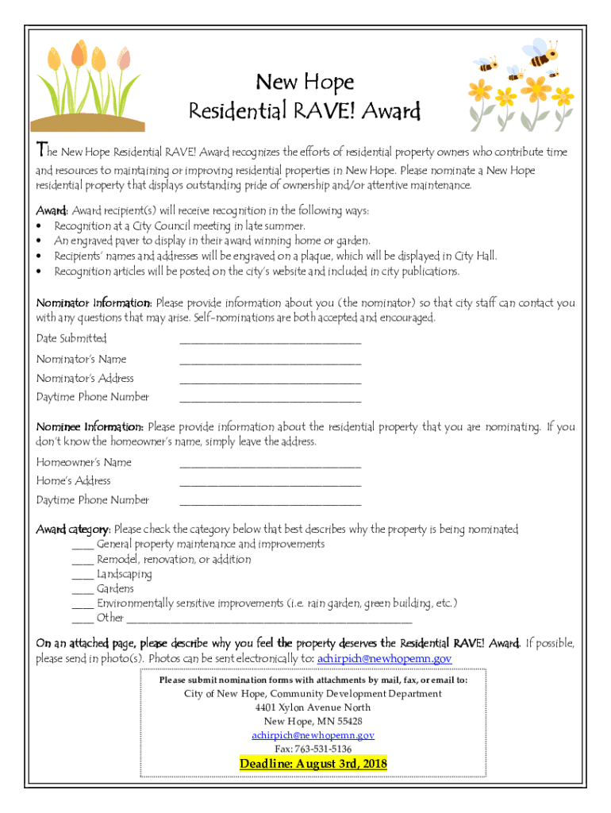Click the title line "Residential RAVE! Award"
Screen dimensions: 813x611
[305, 110]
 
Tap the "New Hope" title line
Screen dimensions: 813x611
[305, 82]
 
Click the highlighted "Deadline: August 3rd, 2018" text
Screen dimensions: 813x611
[313, 764]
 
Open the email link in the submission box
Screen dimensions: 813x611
[313, 735]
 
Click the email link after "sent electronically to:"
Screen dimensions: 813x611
[384, 659]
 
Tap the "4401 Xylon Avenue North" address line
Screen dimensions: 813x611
[313, 707]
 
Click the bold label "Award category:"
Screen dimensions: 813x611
[74, 529]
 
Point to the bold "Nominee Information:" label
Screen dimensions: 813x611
[90, 427]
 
